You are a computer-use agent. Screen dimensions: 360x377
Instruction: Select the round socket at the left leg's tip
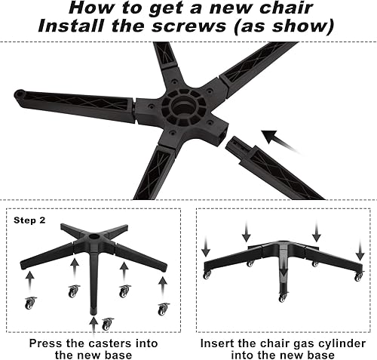coord(20,95)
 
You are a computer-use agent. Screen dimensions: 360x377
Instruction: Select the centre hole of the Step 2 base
coord(95,235)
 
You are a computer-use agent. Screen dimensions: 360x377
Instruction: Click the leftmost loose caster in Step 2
coord(30,303)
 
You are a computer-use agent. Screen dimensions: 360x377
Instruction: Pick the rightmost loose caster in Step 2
coord(161,309)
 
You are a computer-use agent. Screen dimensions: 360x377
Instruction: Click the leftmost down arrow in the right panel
coord(205,248)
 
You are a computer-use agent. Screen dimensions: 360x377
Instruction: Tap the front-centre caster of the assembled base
coord(282,297)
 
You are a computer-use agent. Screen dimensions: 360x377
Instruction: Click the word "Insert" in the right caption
coord(218,343)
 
